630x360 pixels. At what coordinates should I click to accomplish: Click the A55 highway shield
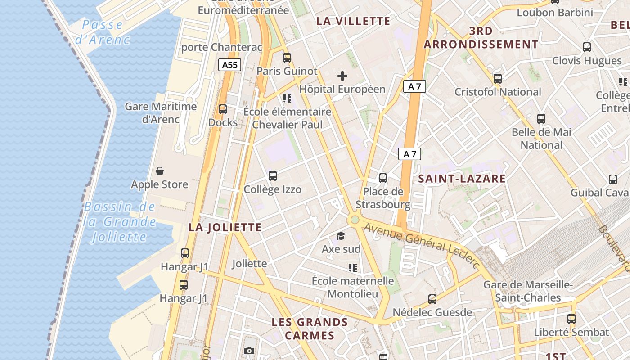[229, 65]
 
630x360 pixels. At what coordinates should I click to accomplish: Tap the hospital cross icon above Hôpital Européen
[342, 76]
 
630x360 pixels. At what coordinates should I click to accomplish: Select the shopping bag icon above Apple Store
[160, 171]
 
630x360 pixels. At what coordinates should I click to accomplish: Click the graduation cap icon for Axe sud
[341, 236]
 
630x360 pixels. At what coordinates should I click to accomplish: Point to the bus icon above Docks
[223, 109]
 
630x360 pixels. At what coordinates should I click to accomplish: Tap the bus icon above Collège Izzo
[273, 176]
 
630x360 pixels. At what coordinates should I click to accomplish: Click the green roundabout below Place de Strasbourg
[355, 220]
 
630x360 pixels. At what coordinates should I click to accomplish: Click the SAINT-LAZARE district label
[462, 179]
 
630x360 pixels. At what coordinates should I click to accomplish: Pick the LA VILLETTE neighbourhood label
[353, 21]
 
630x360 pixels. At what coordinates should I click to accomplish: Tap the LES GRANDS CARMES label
[310, 329]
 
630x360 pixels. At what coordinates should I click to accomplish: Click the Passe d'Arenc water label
[103, 32]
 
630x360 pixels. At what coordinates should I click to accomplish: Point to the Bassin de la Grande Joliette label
[120, 222]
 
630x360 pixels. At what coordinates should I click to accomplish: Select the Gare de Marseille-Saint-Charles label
[528, 291]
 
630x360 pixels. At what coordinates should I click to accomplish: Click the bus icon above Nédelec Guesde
[432, 299]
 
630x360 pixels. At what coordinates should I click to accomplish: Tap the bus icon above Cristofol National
[498, 79]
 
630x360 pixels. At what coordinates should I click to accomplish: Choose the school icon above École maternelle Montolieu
[353, 268]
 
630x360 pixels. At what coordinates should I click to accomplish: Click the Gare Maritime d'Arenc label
[161, 113]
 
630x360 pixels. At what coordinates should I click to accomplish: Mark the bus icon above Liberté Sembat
[571, 319]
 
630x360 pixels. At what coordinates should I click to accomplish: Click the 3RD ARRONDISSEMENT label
[481, 38]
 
